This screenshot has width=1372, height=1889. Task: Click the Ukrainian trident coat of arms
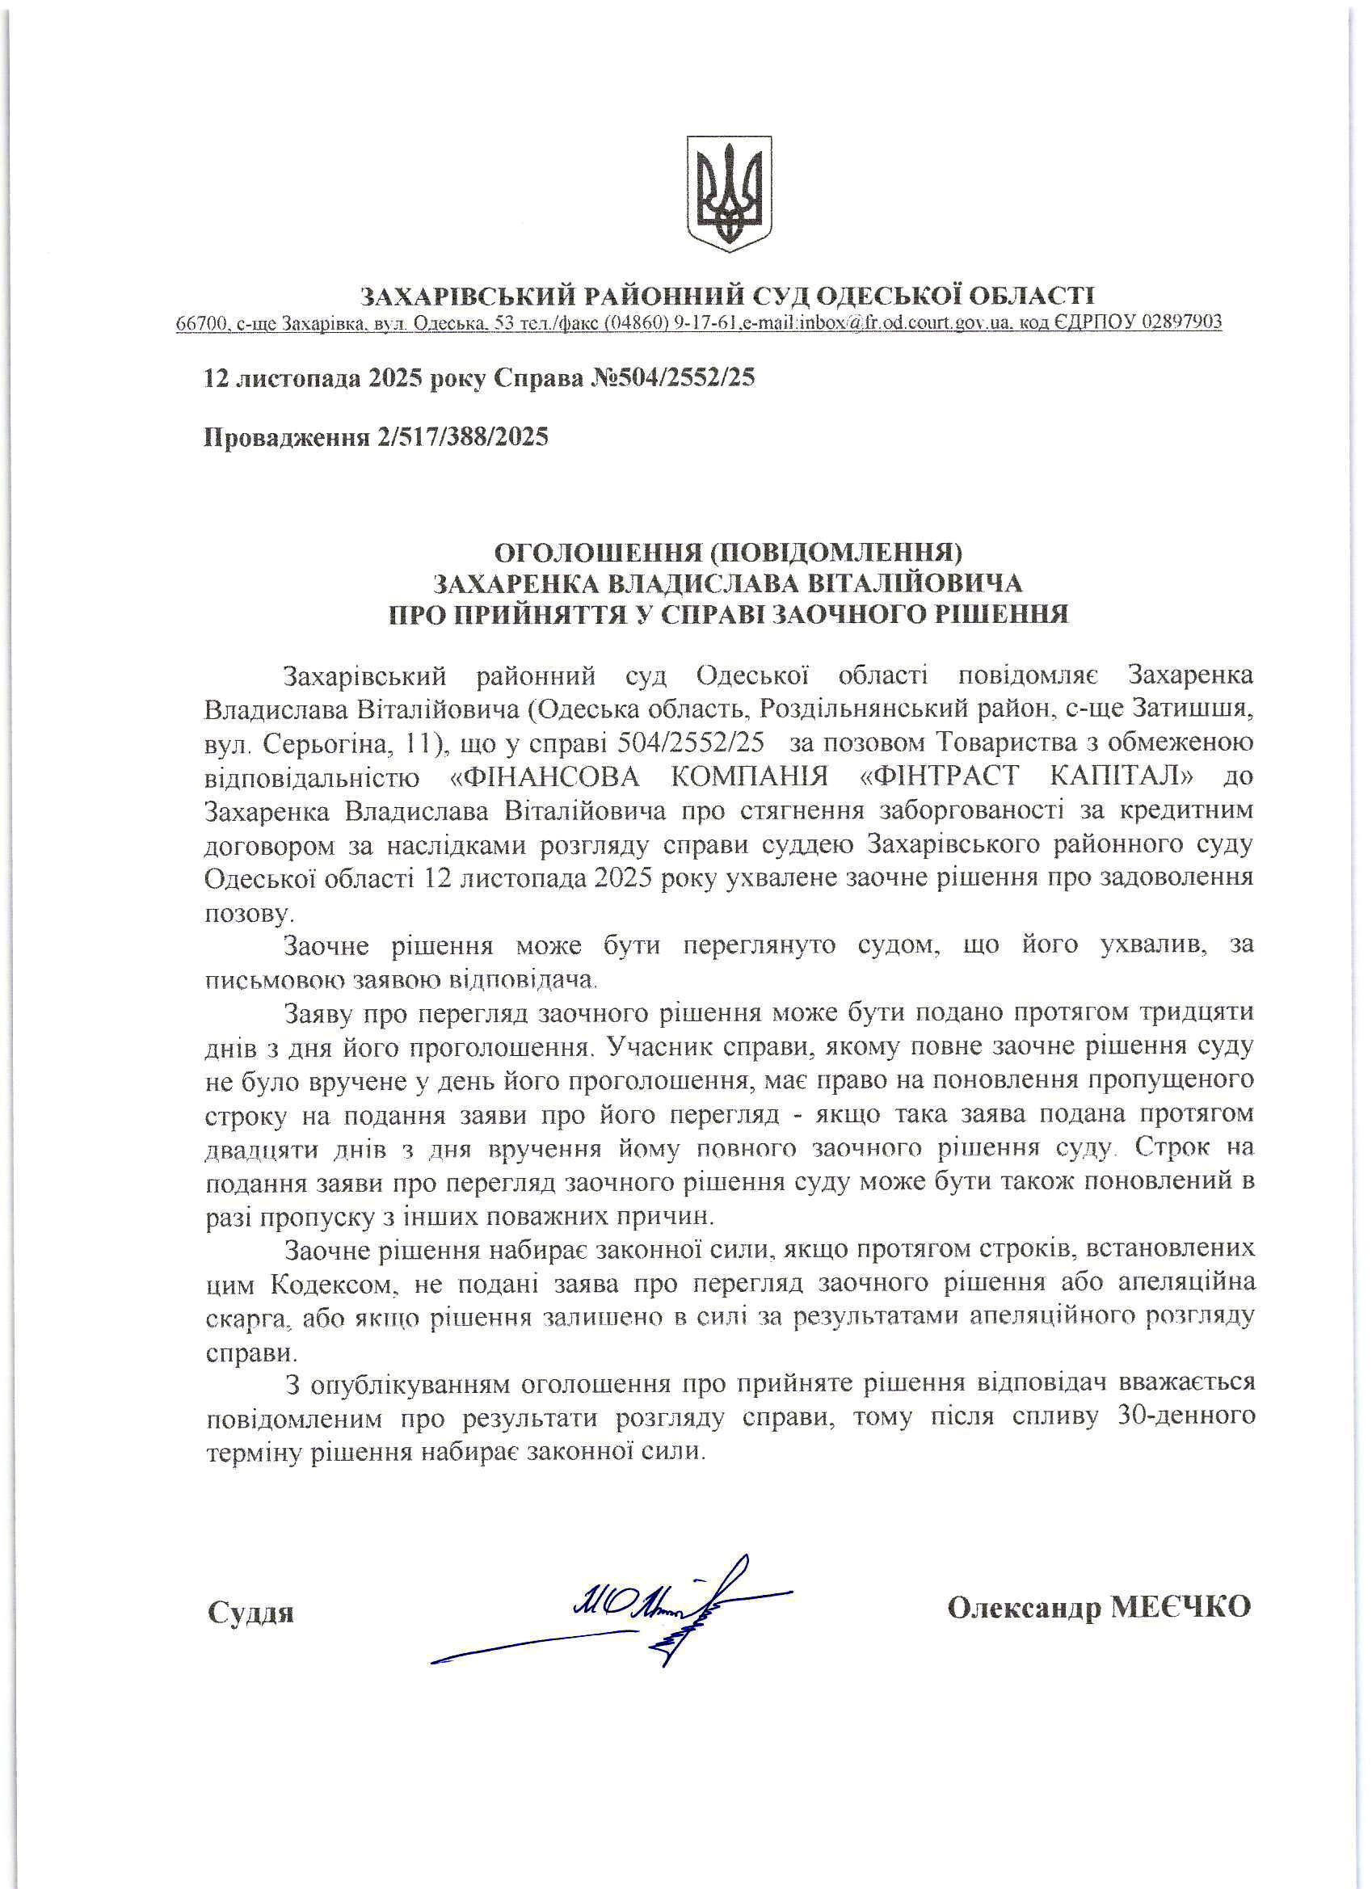click(729, 193)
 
